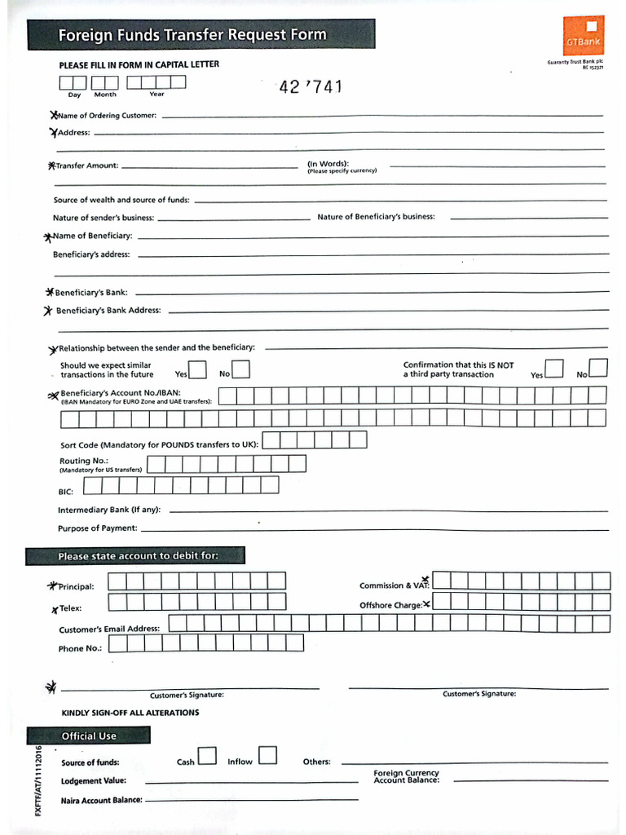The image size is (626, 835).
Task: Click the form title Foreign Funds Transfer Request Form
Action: tap(192, 35)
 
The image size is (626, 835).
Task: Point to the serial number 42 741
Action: tap(311, 87)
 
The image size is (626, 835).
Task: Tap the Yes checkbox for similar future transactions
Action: tap(197, 370)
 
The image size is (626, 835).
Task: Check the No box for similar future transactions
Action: tap(240, 370)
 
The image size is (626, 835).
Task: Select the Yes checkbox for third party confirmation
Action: tap(554, 369)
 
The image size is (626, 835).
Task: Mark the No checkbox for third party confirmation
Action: tap(598, 369)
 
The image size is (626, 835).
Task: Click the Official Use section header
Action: tap(89, 736)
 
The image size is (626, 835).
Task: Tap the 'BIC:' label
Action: tap(66, 492)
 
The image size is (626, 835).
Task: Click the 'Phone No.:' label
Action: tap(81, 648)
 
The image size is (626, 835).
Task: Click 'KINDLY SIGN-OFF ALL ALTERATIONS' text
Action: tap(130, 713)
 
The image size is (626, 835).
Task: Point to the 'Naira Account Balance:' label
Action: tap(101, 800)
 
